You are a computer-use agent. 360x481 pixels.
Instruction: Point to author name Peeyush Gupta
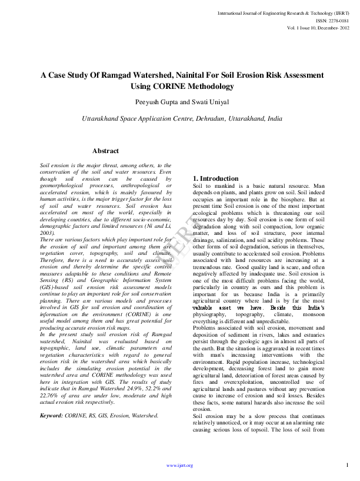point(158,102)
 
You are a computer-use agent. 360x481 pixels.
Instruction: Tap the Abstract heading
point(105,151)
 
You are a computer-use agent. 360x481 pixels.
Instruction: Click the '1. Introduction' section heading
point(216,178)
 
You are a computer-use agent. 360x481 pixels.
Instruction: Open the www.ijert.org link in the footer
point(179,465)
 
